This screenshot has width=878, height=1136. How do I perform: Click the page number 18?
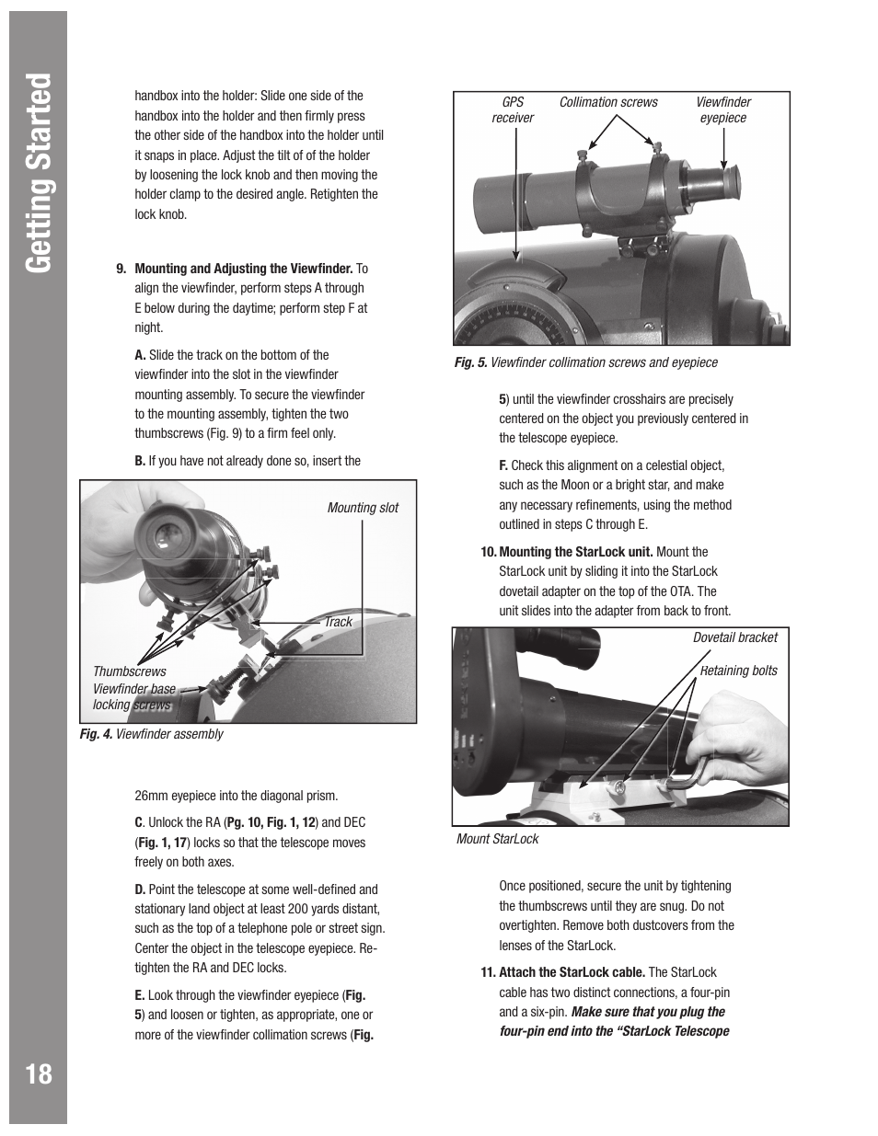pyautogui.click(x=40, y=1073)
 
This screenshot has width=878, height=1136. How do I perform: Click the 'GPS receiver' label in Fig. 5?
pyautogui.click(x=513, y=110)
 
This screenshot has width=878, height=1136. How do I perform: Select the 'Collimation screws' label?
pyautogui.click(x=608, y=102)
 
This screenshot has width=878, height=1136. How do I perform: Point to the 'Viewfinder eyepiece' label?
pyautogui.click(x=722, y=110)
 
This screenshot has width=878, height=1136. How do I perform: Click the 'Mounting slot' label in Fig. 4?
pyautogui.click(x=363, y=508)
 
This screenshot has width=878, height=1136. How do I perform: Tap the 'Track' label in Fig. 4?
pyautogui.click(x=338, y=622)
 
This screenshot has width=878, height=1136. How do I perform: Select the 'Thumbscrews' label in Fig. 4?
pyautogui.click(x=129, y=671)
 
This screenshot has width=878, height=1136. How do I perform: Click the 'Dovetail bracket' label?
pyautogui.click(x=734, y=637)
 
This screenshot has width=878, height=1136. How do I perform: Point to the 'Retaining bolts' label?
pyautogui.click(x=738, y=671)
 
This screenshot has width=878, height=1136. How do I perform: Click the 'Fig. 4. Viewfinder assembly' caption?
pyautogui.click(x=151, y=734)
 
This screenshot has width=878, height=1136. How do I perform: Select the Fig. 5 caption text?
pyautogui.click(x=585, y=362)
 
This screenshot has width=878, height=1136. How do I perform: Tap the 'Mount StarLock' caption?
pyautogui.click(x=497, y=839)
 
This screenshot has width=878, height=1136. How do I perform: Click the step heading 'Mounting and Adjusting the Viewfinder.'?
pyautogui.click(x=244, y=269)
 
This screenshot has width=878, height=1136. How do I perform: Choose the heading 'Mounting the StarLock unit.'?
pyautogui.click(x=575, y=552)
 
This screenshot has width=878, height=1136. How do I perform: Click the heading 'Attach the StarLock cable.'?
pyautogui.click(x=572, y=972)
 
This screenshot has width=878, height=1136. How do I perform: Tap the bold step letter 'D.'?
pyautogui.click(x=140, y=889)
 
